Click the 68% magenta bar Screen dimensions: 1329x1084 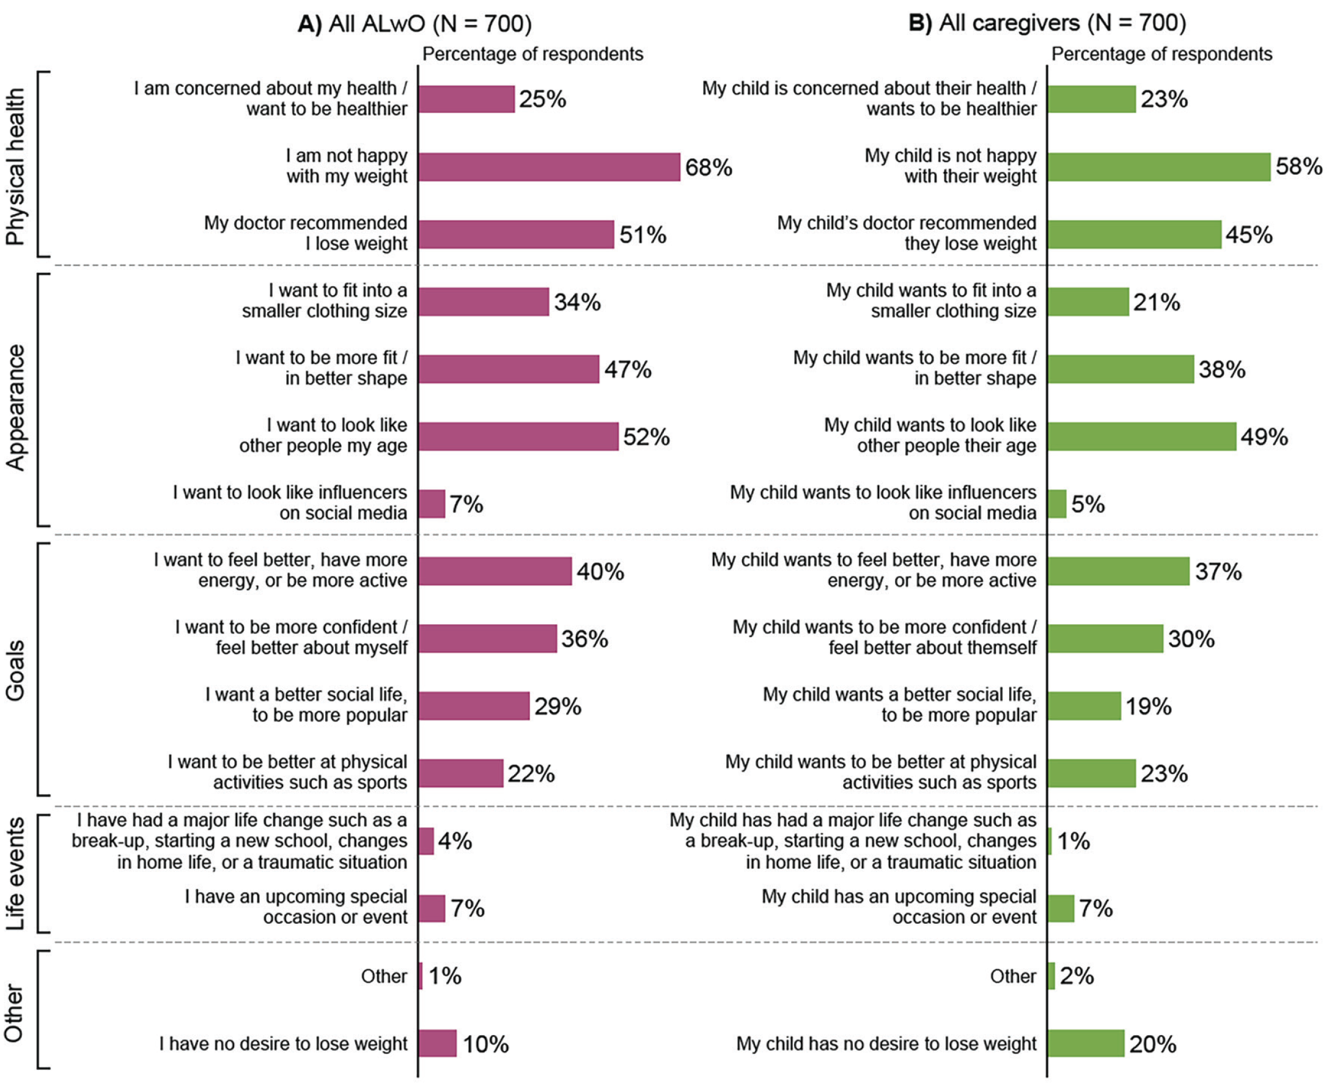click(550, 168)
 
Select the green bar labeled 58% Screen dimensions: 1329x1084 click(1159, 168)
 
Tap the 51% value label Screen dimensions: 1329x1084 click(643, 235)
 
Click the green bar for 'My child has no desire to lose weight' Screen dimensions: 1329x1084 click(1086, 1044)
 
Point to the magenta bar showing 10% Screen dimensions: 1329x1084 click(438, 1044)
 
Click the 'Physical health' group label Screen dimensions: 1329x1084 click(15, 166)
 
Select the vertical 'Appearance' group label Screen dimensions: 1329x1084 click(15, 407)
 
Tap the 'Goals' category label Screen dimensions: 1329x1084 click(15, 670)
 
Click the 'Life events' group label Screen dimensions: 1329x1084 click(15, 874)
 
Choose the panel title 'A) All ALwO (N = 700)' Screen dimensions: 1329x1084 click(414, 24)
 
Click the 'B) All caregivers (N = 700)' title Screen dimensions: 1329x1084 click(1047, 24)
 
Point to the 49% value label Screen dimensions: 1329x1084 click(1264, 437)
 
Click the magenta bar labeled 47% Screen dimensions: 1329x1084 click(509, 369)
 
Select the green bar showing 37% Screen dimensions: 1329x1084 click(1119, 572)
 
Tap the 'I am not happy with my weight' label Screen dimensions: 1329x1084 click(347, 166)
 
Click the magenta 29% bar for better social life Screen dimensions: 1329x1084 click(474, 706)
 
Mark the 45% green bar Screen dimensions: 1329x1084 click(1135, 235)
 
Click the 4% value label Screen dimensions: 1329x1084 click(454, 841)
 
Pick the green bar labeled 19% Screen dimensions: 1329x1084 click(1084, 706)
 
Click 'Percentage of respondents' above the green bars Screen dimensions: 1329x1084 click(1161, 54)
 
